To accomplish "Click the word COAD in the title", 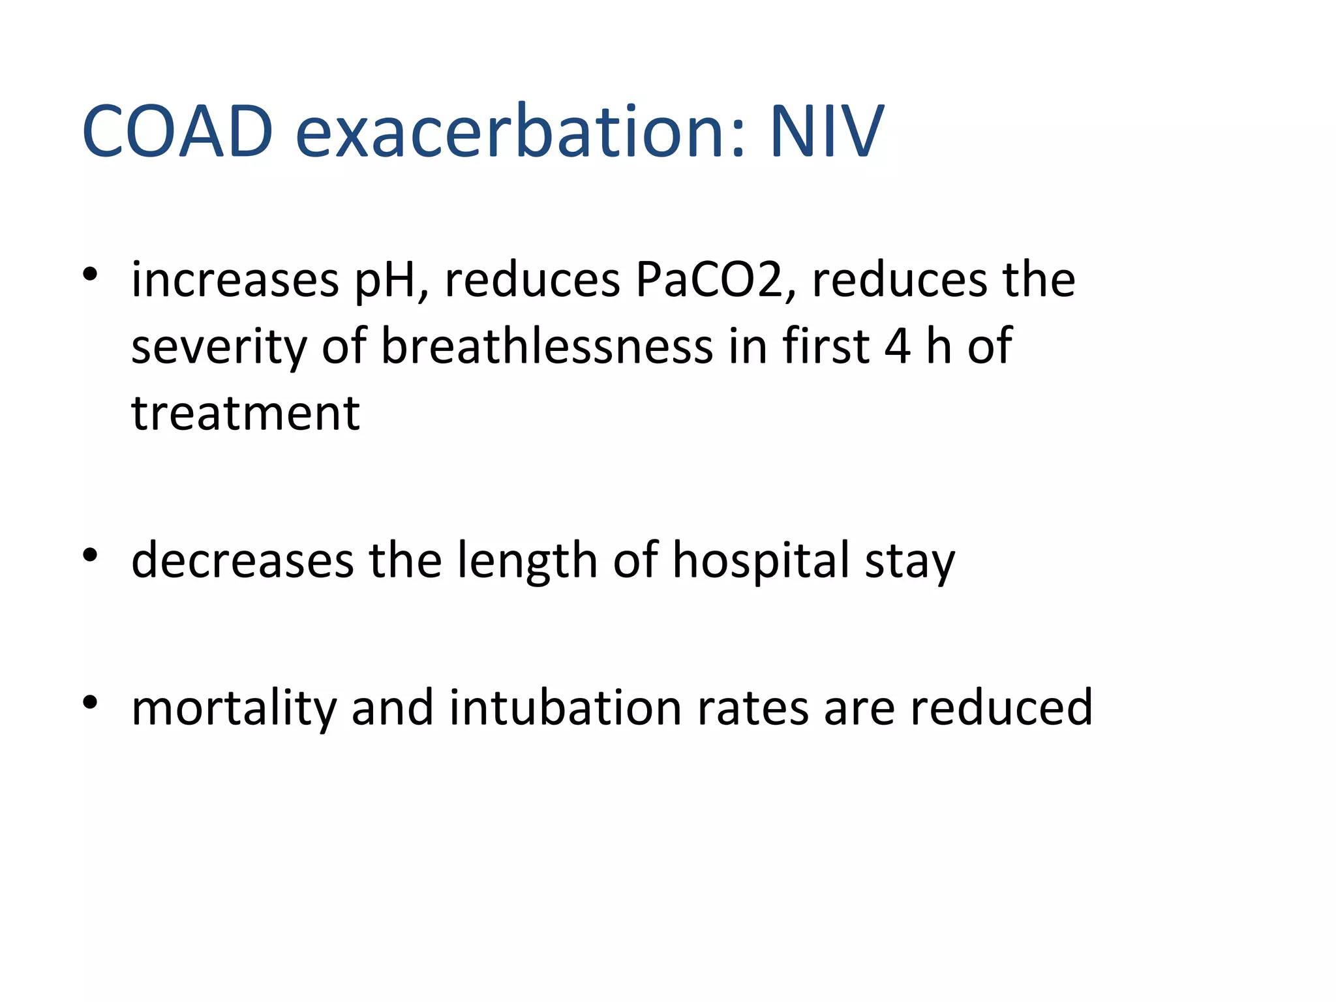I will click(177, 132).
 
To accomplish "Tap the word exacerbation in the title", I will click(519, 132).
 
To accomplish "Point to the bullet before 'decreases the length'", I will click(90, 555).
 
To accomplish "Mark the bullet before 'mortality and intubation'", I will click(90, 703).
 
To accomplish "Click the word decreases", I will click(243, 561).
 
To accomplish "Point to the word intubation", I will click(565, 707).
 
